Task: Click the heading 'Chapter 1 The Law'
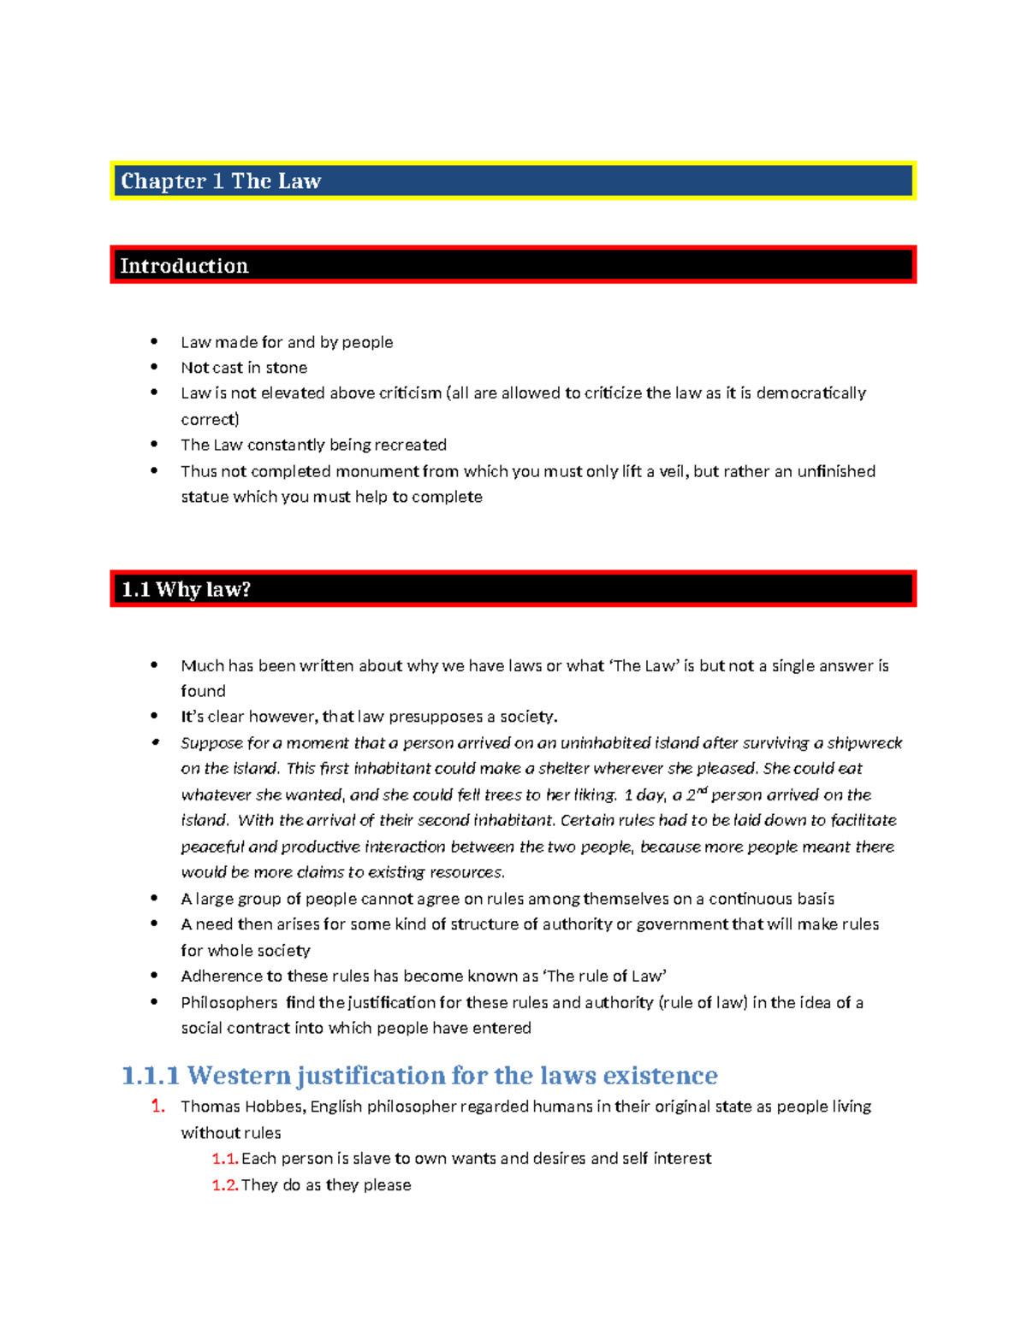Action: pyautogui.click(x=221, y=181)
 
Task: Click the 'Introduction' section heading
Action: pyautogui.click(x=184, y=266)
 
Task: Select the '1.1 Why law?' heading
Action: pyautogui.click(x=186, y=589)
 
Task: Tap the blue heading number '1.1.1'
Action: pyautogui.click(x=151, y=1075)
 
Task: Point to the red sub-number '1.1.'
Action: pyautogui.click(x=224, y=1159)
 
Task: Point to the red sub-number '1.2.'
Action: pyautogui.click(x=224, y=1185)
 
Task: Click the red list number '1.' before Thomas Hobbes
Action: pyautogui.click(x=157, y=1107)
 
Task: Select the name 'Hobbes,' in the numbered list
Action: pyautogui.click(x=275, y=1107)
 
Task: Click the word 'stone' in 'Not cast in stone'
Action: pyautogui.click(x=286, y=368)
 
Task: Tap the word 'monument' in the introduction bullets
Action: pyautogui.click(x=377, y=471)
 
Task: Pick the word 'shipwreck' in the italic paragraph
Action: pyautogui.click(x=864, y=743)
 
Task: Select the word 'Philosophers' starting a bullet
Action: pyautogui.click(x=229, y=1002)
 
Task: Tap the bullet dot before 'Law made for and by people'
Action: pyautogui.click(x=154, y=342)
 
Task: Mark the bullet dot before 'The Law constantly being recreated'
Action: pyautogui.click(x=154, y=445)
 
